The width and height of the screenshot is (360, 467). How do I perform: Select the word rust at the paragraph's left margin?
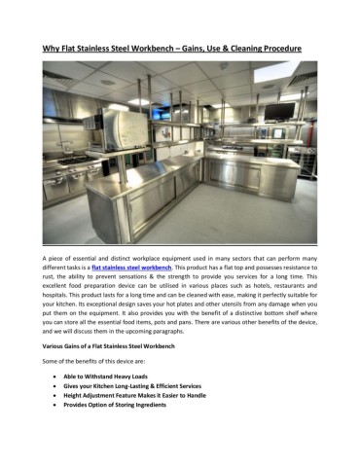(x=49, y=276)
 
